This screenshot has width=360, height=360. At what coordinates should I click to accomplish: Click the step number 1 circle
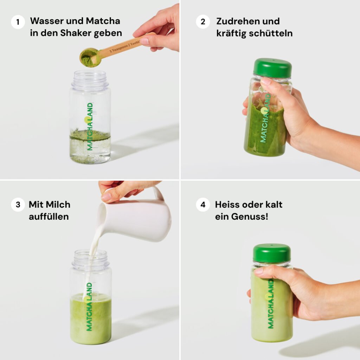(x=18, y=22)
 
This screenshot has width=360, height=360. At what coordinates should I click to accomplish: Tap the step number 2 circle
(x=202, y=22)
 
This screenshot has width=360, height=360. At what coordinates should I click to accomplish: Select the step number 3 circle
(x=18, y=205)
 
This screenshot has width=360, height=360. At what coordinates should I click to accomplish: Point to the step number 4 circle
(x=202, y=205)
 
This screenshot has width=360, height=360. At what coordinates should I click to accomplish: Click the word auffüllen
(x=49, y=217)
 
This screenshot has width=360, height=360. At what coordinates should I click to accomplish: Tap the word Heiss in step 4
(x=227, y=205)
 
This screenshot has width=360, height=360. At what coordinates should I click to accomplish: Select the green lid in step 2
(x=272, y=68)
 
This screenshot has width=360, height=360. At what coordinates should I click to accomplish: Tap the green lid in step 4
(x=272, y=253)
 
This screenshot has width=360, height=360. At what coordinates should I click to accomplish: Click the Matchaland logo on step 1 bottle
(x=90, y=127)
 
